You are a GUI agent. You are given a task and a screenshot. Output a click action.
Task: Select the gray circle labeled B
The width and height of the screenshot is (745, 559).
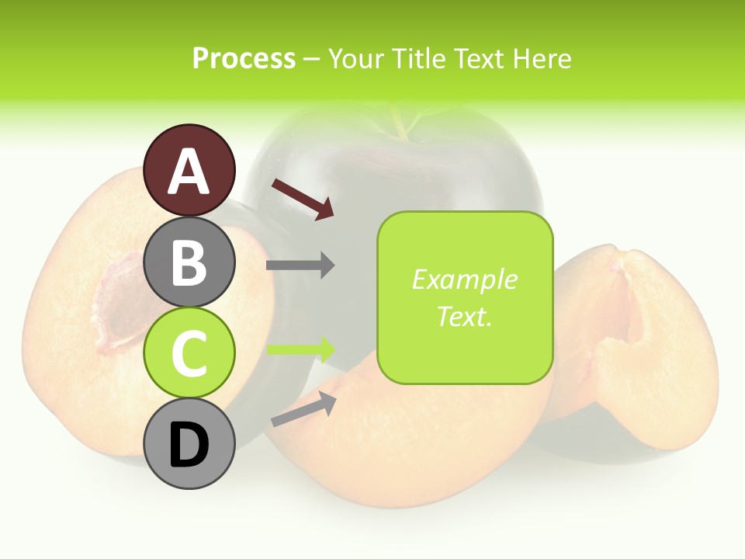coord(189,262)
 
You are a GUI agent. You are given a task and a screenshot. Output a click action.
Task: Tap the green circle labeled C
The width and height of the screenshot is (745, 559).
coord(189,353)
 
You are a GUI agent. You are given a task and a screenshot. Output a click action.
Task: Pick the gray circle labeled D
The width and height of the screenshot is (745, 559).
coord(189,444)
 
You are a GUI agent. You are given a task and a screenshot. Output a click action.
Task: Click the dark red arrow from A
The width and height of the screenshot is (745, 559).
coord(303,199)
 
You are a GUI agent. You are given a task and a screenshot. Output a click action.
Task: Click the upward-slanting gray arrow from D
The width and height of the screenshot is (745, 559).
coord(303,409)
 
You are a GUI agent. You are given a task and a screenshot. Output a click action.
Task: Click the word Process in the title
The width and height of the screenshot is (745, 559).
coord(244,58)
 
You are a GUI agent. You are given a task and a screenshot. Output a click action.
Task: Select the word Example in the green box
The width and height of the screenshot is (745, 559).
coord(465,279)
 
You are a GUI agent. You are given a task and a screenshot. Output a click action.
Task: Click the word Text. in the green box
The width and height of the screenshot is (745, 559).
coord(465,316)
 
